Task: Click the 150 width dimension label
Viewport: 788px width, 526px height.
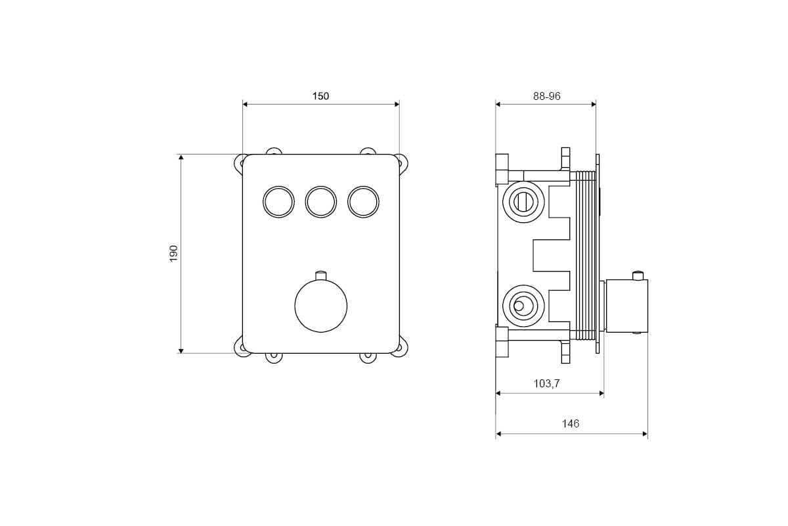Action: [320, 96]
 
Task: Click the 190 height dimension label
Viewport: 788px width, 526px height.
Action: [174, 253]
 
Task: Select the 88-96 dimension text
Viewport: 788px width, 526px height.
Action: [546, 96]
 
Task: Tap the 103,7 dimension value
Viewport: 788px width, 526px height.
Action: [546, 383]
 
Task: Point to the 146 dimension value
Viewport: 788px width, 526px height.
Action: [570, 423]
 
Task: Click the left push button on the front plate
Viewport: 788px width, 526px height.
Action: [278, 202]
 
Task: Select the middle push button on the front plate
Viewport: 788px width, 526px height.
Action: [321, 202]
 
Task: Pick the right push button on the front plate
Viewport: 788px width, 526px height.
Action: [363, 202]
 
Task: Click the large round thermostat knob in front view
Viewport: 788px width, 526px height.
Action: [321, 306]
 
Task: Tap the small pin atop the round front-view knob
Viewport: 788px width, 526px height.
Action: [321, 275]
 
